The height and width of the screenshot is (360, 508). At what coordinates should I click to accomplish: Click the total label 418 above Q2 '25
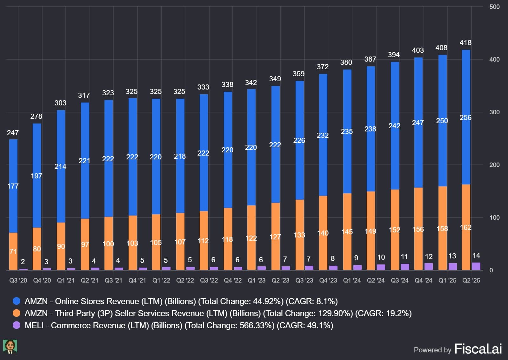click(465, 43)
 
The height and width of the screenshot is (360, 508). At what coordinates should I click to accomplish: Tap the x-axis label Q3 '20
click(18, 280)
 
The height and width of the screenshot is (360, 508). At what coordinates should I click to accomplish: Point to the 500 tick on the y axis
click(494, 7)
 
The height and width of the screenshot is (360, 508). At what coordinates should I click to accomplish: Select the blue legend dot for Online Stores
click(17, 301)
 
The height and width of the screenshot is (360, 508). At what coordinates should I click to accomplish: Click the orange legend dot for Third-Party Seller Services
click(17, 313)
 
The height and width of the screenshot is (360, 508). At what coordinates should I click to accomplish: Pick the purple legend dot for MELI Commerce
click(17, 325)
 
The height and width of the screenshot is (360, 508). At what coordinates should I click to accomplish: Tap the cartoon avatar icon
click(10, 347)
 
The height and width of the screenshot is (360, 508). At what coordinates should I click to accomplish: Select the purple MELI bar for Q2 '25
click(476, 266)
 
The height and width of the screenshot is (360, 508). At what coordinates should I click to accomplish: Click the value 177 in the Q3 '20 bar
click(13, 186)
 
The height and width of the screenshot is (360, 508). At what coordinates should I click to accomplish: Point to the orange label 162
click(465, 227)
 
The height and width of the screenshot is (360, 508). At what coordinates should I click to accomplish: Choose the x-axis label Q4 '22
click(233, 280)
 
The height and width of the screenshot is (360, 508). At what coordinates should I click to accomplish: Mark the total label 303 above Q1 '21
click(60, 103)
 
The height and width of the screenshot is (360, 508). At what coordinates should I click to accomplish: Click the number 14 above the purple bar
click(476, 256)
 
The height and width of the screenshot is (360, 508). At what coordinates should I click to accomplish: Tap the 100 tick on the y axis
click(494, 218)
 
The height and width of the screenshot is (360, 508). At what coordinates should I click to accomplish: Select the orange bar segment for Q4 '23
click(323, 233)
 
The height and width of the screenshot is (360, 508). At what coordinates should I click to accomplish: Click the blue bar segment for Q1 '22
click(156, 157)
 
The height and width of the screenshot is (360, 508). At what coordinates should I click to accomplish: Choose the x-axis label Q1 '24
click(352, 280)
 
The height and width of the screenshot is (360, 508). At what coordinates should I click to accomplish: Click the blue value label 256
click(465, 117)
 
